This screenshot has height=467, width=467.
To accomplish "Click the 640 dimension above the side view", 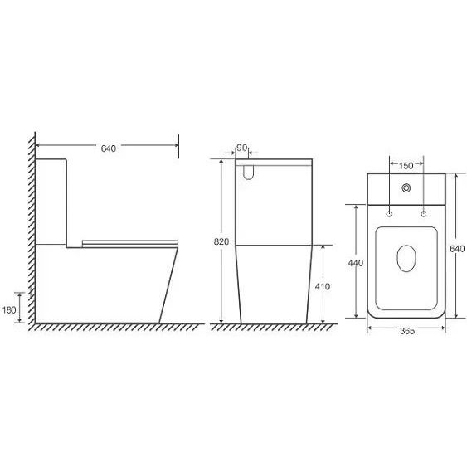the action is coord(109,148).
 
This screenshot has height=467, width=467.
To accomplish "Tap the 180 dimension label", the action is coord(9,310).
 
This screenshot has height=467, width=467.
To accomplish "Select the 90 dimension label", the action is coord(242,148).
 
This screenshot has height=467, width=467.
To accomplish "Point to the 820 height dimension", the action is coord(221,241).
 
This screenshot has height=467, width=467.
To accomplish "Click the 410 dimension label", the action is coord(323,286).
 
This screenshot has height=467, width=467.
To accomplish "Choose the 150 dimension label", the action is coord(406,166).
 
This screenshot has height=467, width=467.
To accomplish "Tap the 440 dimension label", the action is coord(356,263).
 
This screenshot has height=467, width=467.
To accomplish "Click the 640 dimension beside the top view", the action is coord(457,248).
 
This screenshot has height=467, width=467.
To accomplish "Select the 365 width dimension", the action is coord(407,331).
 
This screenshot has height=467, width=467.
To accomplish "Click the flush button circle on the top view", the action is coord(406,188).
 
